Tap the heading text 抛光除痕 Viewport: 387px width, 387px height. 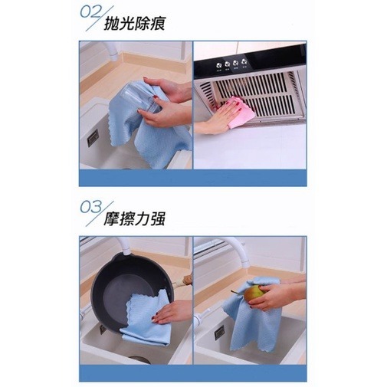(136, 23)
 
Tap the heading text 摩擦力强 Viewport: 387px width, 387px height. (136, 220)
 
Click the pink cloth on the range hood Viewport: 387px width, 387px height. (240, 113)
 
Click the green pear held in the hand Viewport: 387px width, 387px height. (254, 293)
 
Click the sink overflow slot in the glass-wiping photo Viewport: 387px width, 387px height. (93, 138)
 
